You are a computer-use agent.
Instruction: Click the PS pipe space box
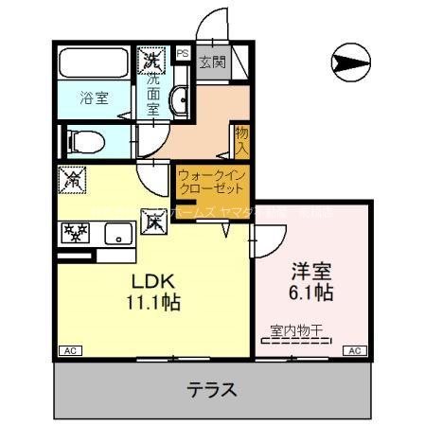tap(181, 54)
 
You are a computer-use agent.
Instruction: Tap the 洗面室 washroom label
tap(154, 96)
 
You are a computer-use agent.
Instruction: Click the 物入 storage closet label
tap(241, 139)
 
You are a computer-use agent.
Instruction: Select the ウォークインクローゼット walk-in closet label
tap(210, 182)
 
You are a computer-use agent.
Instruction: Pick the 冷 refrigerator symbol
tap(72, 177)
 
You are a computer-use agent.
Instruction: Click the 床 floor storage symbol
tap(153, 222)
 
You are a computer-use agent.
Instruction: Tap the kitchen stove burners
tap(75, 232)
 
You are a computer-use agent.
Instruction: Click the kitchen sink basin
tap(118, 233)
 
